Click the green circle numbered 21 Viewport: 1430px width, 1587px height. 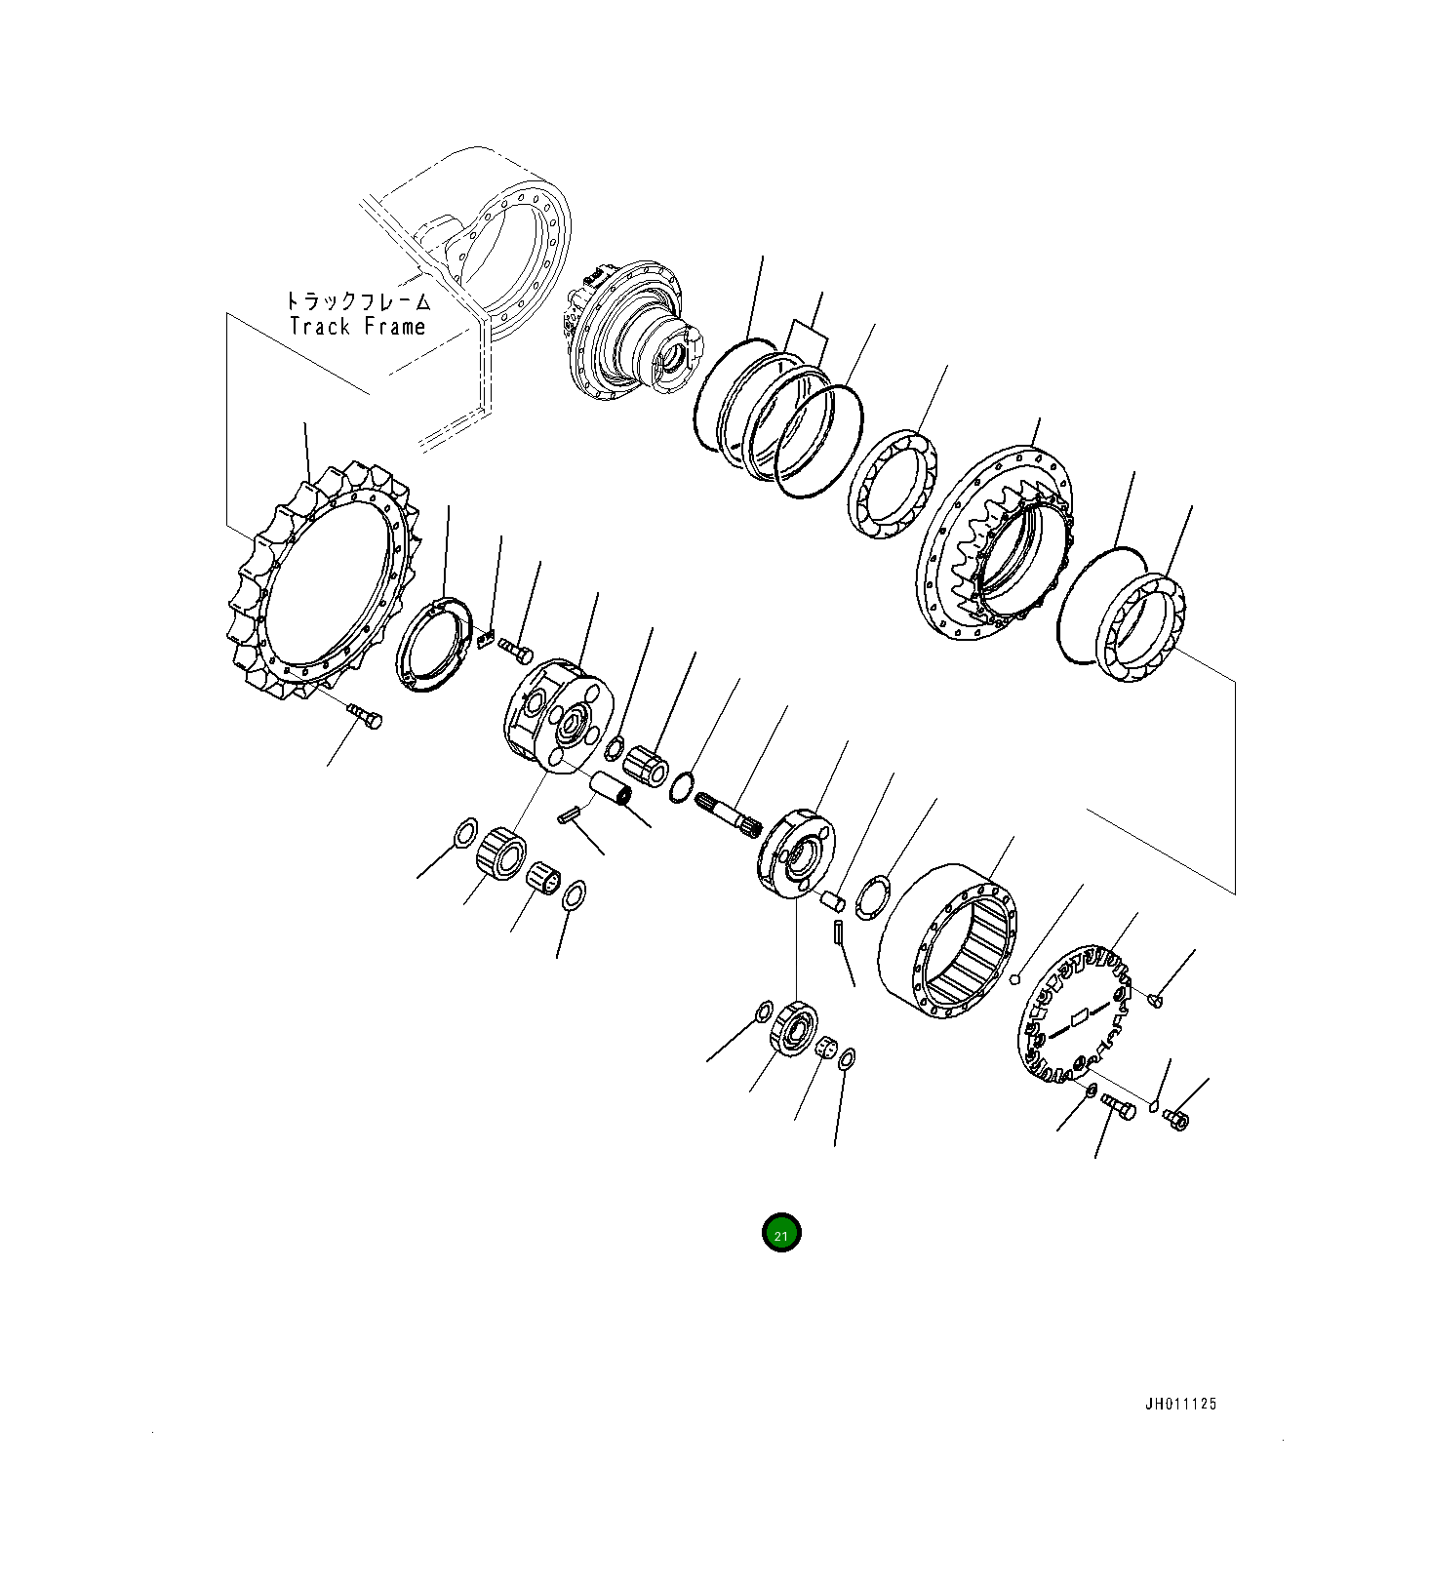[x=780, y=1234]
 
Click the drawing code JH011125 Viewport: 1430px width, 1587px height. [x=1180, y=1405]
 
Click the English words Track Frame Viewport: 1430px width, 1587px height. [x=357, y=327]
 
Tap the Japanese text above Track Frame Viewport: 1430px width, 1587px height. [x=357, y=301]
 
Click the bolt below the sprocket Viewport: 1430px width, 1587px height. [x=368, y=717]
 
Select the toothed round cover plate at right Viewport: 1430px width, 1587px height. [x=1073, y=1014]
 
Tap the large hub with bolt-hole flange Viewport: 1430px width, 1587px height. [x=995, y=546]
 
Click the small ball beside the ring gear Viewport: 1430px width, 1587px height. [x=1015, y=979]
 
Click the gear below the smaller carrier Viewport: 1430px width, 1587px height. [x=792, y=1029]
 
